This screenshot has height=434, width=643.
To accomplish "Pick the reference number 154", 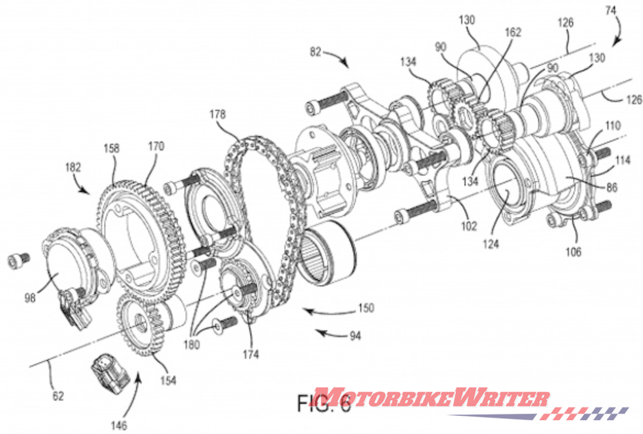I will coord(167,380).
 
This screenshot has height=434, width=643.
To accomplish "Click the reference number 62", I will coord(57,394).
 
